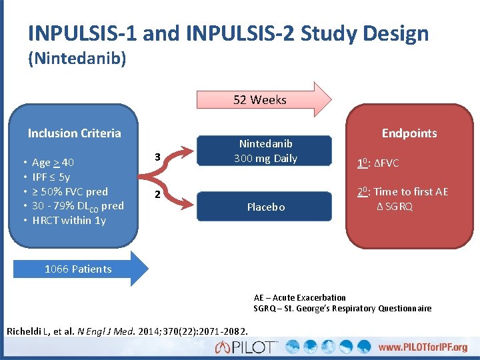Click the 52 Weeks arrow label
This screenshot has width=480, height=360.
(260, 100)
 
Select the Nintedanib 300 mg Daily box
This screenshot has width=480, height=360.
(265, 151)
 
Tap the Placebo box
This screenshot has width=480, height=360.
(265, 207)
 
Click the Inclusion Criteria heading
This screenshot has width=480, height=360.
(75, 133)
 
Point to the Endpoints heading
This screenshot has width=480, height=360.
(409, 133)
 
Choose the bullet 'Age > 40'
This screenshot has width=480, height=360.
(53, 163)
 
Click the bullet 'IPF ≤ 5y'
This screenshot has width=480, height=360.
(51, 177)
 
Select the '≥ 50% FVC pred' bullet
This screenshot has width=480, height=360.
(69, 191)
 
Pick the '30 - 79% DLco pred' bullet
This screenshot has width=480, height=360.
(77, 206)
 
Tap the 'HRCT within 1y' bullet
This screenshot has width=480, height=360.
(69, 220)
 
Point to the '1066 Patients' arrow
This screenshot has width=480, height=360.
(78, 269)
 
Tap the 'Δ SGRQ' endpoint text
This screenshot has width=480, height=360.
(394, 207)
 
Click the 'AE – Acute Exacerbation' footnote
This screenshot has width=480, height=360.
(300, 297)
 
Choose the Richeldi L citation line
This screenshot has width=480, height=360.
(127, 331)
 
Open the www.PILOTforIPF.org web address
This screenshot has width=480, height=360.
(423, 347)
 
